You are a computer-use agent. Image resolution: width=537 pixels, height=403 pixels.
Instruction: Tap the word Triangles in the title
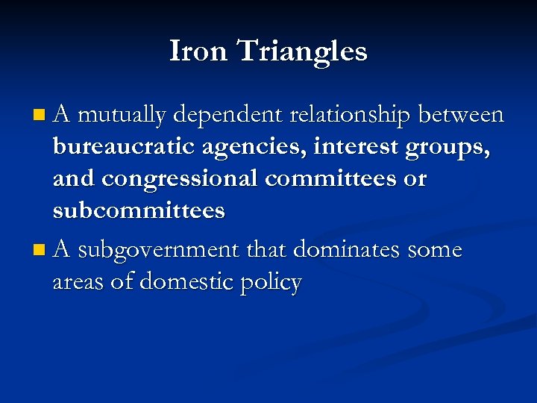click(302, 52)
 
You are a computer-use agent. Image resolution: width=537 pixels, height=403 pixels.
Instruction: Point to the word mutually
click(122, 115)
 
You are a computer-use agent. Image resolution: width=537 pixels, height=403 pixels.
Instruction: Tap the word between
click(461, 115)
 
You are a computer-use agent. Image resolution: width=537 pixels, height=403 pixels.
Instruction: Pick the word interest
click(357, 147)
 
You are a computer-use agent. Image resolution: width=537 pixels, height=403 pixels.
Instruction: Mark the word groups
click(447, 148)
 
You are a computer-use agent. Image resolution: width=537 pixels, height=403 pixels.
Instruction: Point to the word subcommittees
click(139, 210)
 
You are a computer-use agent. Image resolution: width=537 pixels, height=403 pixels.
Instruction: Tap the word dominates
click(348, 250)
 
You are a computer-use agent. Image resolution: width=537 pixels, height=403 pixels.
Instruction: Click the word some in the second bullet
click(435, 250)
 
